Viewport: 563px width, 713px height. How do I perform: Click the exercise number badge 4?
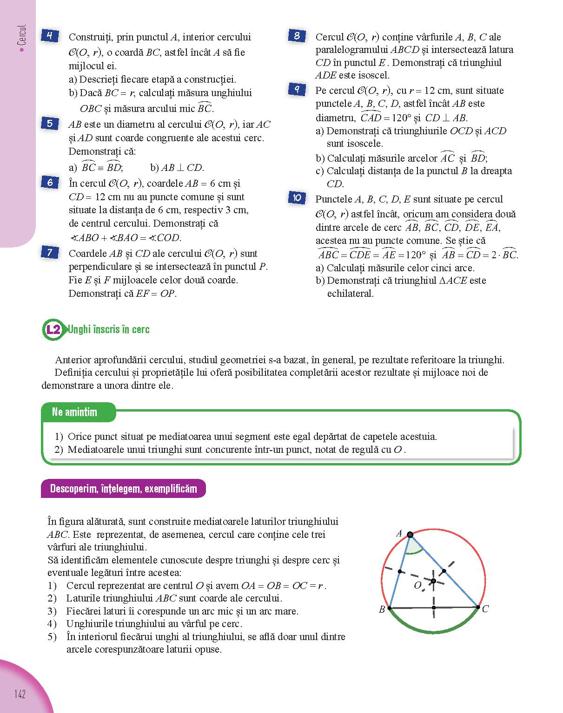[50, 36]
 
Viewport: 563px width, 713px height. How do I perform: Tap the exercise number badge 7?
[50, 253]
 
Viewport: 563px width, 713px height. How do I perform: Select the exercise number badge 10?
[297, 198]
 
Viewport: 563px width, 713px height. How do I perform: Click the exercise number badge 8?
[297, 36]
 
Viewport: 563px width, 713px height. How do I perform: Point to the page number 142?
[20, 694]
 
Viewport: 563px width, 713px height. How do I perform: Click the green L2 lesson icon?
[54, 330]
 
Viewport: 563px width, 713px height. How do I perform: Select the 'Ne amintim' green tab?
[75, 412]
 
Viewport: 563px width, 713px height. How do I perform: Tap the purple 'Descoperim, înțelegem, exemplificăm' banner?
[123, 489]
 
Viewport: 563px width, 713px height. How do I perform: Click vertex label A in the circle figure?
[399, 534]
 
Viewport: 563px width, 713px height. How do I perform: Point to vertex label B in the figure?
[382, 610]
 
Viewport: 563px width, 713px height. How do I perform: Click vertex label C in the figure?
[485, 609]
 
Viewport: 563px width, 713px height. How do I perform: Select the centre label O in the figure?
[417, 585]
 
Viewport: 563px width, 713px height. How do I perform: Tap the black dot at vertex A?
[410, 535]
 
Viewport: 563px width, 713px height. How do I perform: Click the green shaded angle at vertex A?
[413, 547]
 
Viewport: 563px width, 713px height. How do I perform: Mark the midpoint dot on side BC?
[434, 608]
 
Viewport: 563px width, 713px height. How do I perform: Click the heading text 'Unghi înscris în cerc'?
[109, 330]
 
